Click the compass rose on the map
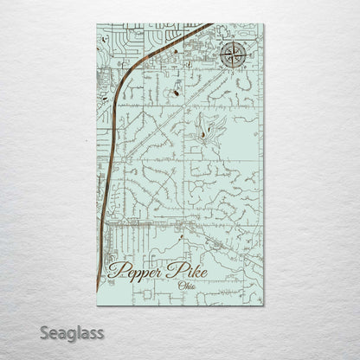click(x=232, y=55)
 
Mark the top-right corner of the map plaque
click(x=264, y=23)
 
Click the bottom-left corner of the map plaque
click(x=96, y=305)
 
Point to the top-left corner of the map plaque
click(x=96, y=23)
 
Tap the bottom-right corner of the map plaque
click(x=264, y=305)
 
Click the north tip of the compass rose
click(x=232, y=41)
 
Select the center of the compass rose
click(x=232, y=55)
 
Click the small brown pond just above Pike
click(x=182, y=240)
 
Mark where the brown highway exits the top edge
click(x=210, y=24)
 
